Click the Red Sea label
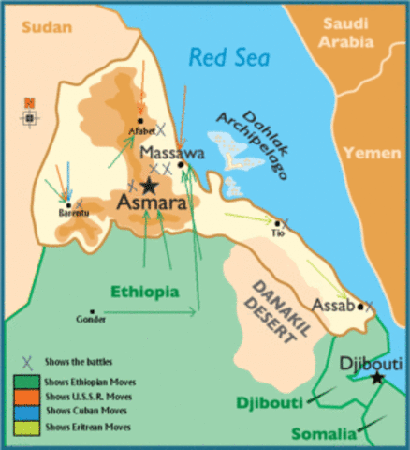tap(228, 58)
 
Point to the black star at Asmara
tap(148, 186)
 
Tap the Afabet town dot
tap(139, 120)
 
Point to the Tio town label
tap(277, 233)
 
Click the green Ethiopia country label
tap(144, 292)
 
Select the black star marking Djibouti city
tap(376, 378)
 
